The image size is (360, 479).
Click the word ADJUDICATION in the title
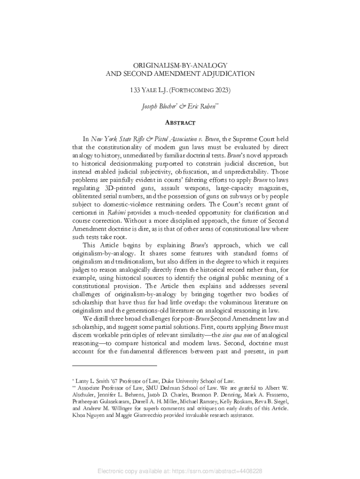(x=224, y=73)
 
